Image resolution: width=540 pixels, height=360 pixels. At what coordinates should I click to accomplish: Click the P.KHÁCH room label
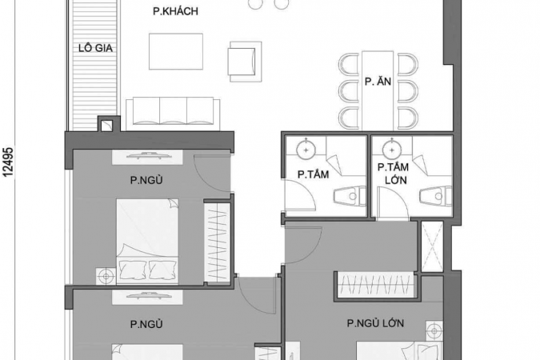coord(176,11)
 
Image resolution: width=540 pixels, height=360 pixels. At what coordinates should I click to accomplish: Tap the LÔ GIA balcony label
coord(95,48)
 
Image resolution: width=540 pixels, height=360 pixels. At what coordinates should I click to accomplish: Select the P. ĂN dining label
coord(378,82)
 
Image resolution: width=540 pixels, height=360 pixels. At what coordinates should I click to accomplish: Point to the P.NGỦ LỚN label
coord(375,323)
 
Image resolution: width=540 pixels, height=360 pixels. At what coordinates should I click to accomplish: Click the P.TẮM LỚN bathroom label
coord(394,174)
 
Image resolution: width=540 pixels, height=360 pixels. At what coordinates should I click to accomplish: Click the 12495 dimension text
coord(8,162)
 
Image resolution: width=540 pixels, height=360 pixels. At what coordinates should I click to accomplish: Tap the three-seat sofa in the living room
coord(174,114)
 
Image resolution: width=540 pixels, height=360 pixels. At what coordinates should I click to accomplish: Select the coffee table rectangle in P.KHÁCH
coord(176,51)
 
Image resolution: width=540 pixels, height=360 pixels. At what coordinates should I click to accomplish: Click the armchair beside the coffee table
coord(245,62)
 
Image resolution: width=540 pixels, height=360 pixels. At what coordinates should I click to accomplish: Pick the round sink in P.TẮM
coord(306,150)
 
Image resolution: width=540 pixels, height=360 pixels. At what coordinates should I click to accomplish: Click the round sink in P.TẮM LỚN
coord(392,150)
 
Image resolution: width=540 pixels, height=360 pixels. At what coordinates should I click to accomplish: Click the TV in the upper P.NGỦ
coord(147,156)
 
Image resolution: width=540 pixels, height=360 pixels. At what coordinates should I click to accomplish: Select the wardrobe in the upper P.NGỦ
coord(218,242)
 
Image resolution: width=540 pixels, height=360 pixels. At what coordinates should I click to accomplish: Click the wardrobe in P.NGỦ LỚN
coord(376,285)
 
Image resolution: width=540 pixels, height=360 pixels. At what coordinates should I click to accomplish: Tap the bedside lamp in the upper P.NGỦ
coord(106,276)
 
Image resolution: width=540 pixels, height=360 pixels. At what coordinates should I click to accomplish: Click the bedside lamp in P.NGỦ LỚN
coord(434,331)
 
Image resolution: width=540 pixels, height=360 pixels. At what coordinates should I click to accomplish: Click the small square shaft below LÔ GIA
coord(106,126)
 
